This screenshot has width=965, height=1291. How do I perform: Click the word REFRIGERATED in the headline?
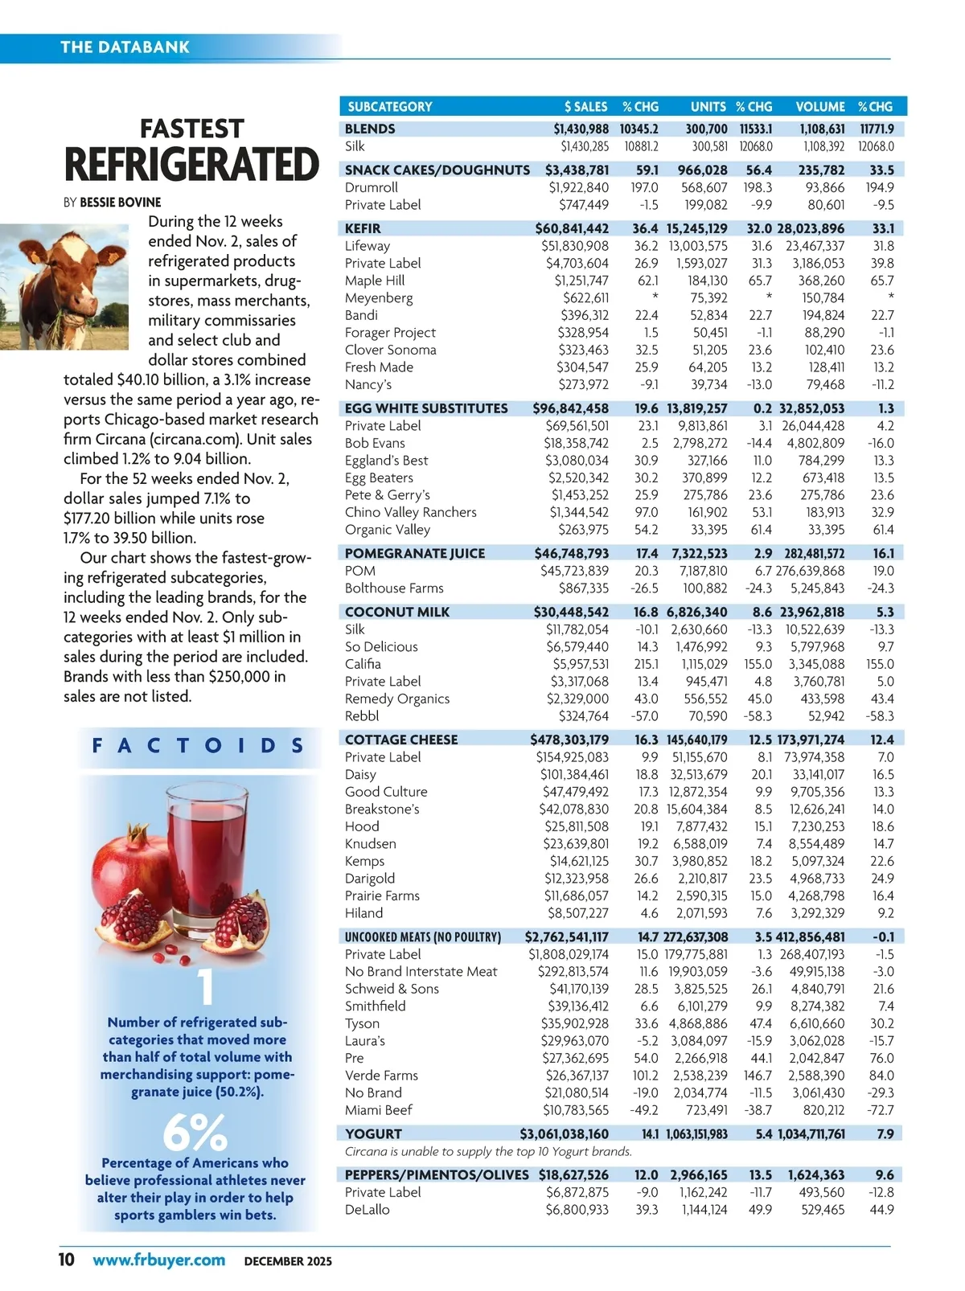click(x=191, y=166)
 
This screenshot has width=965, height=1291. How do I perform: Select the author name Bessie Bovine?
click(x=120, y=203)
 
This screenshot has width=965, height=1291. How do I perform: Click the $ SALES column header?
click(x=585, y=106)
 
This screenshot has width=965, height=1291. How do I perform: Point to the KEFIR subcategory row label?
click(x=363, y=228)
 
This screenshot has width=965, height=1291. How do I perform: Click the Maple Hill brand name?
click(x=375, y=281)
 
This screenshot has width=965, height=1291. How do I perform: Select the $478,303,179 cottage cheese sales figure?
click(x=569, y=740)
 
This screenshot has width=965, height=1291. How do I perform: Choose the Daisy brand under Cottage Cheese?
click(x=360, y=774)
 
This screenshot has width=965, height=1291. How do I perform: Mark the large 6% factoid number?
click(x=195, y=1132)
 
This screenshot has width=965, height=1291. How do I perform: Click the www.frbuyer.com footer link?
click(x=158, y=1260)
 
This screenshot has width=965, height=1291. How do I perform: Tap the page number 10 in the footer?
click(x=67, y=1259)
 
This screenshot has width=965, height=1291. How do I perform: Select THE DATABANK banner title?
click(x=125, y=47)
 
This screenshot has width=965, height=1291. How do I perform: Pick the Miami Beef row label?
click(x=378, y=1109)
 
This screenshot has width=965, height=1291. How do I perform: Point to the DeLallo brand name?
click(x=367, y=1209)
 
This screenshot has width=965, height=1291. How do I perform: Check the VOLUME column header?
click(x=820, y=106)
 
